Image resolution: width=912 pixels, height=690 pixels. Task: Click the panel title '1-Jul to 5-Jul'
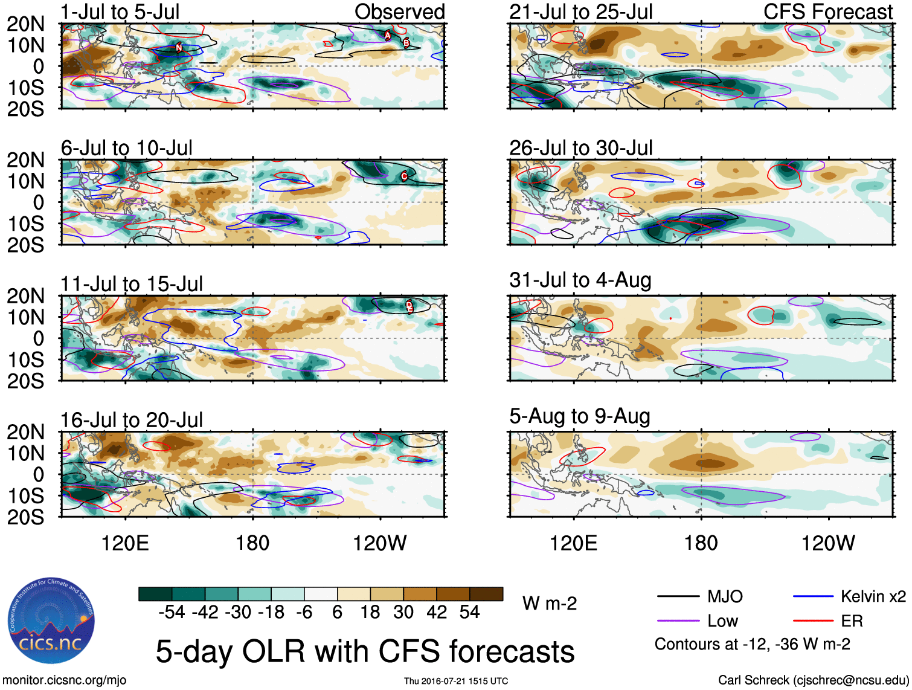coord(120,11)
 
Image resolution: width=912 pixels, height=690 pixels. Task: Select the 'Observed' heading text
coord(399,11)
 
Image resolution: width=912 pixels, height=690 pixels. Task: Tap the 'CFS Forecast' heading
coord(827,11)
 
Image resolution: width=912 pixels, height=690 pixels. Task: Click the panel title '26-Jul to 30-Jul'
coord(580,147)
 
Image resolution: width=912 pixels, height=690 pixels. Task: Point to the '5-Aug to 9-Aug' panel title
coord(579,416)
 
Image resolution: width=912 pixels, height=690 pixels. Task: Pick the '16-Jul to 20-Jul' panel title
coord(131,419)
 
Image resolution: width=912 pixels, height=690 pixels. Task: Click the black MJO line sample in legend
coord(678,596)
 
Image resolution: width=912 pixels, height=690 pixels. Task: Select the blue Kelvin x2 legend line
coord(813,596)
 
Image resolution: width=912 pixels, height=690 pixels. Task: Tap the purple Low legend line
coord(678,621)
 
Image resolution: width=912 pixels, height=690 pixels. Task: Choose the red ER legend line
coord(813,621)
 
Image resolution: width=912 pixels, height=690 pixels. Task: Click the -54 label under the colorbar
coord(172,612)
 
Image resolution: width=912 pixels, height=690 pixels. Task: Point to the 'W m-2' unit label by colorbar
coord(550,603)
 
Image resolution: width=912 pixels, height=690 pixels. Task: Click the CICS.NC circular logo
coord(51,621)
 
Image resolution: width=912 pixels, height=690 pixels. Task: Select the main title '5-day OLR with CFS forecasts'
coord(365,651)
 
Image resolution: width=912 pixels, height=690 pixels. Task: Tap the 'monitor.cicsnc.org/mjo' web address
coord(65,680)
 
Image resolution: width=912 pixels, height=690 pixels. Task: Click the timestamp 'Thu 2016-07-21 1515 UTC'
coord(456,681)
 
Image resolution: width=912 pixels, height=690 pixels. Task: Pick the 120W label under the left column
coord(379,543)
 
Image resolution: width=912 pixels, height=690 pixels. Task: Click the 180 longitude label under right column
coord(701,543)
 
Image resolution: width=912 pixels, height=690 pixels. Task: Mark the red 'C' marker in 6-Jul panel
coord(404,176)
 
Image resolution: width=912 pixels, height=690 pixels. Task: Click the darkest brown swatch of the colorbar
coord(486,594)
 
